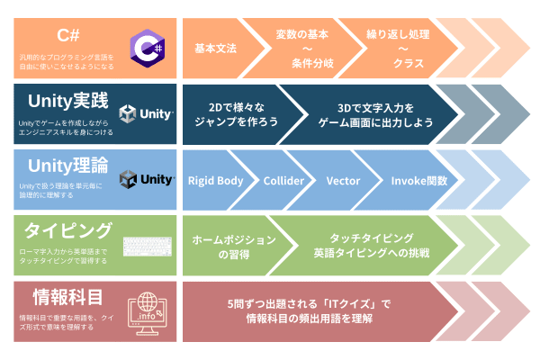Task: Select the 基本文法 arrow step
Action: click(x=215, y=48)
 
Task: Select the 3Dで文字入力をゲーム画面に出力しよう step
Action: click(x=370, y=114)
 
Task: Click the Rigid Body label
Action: click(x=215, y=180)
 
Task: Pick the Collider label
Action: click(x=283, y=180)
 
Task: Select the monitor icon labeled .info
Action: click(x=147, y=312)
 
